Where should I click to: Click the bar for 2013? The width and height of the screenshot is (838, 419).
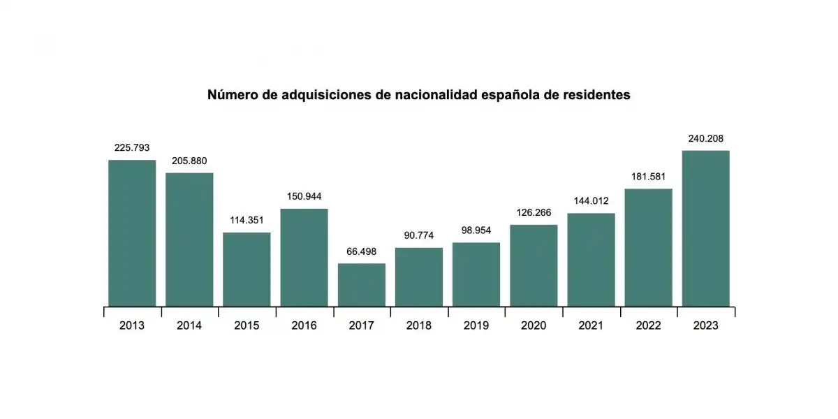[132, 233]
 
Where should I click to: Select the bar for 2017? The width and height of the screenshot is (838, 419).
[362, 284]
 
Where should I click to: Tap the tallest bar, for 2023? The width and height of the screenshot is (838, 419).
[705, 228]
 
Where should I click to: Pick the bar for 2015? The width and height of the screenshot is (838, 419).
[247, 269]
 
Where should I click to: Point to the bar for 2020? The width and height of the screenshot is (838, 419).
[534, 265]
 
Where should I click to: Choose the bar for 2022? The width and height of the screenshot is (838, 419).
[648, 247]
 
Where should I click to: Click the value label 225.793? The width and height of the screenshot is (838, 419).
[132, 148]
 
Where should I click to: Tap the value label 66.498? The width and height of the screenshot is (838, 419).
[362, 251]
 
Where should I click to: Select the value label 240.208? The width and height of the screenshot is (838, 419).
[705, 138]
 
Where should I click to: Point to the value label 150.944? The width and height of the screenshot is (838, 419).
[304, 196]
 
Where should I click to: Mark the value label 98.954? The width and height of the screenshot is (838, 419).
[476, 230]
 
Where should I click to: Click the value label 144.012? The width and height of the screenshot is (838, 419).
[591, 201]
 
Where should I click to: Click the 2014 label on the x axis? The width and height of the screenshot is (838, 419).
[189, 325]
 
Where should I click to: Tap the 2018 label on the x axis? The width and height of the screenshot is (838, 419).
[419, 325]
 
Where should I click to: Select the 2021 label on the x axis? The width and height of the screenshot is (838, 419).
[591, 325]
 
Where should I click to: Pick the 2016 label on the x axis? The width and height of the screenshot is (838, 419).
[304, 325]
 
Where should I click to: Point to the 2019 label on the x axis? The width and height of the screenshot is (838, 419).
[476, 325]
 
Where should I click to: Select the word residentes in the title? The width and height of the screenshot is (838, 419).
[599, 95]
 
